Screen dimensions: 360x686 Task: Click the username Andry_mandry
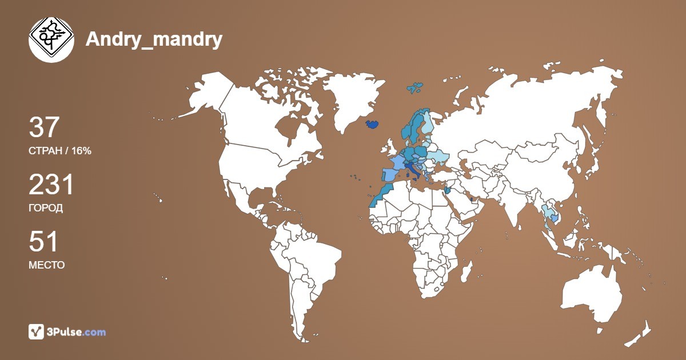tap(154, 39)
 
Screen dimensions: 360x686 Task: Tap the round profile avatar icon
tap(51, 39)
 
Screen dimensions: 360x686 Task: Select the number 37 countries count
tap(44, 127)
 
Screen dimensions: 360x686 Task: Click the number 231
tap(51, 185)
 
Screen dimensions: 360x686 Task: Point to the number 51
tap(43, 242)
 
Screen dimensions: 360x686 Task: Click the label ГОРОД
tap(46, 208)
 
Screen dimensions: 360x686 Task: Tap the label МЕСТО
tap(46, 265)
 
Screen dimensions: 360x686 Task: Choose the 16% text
tap(81, 151)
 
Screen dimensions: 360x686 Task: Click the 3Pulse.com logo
tap(67, 331)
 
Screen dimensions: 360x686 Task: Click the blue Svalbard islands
tap(416, 87)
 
